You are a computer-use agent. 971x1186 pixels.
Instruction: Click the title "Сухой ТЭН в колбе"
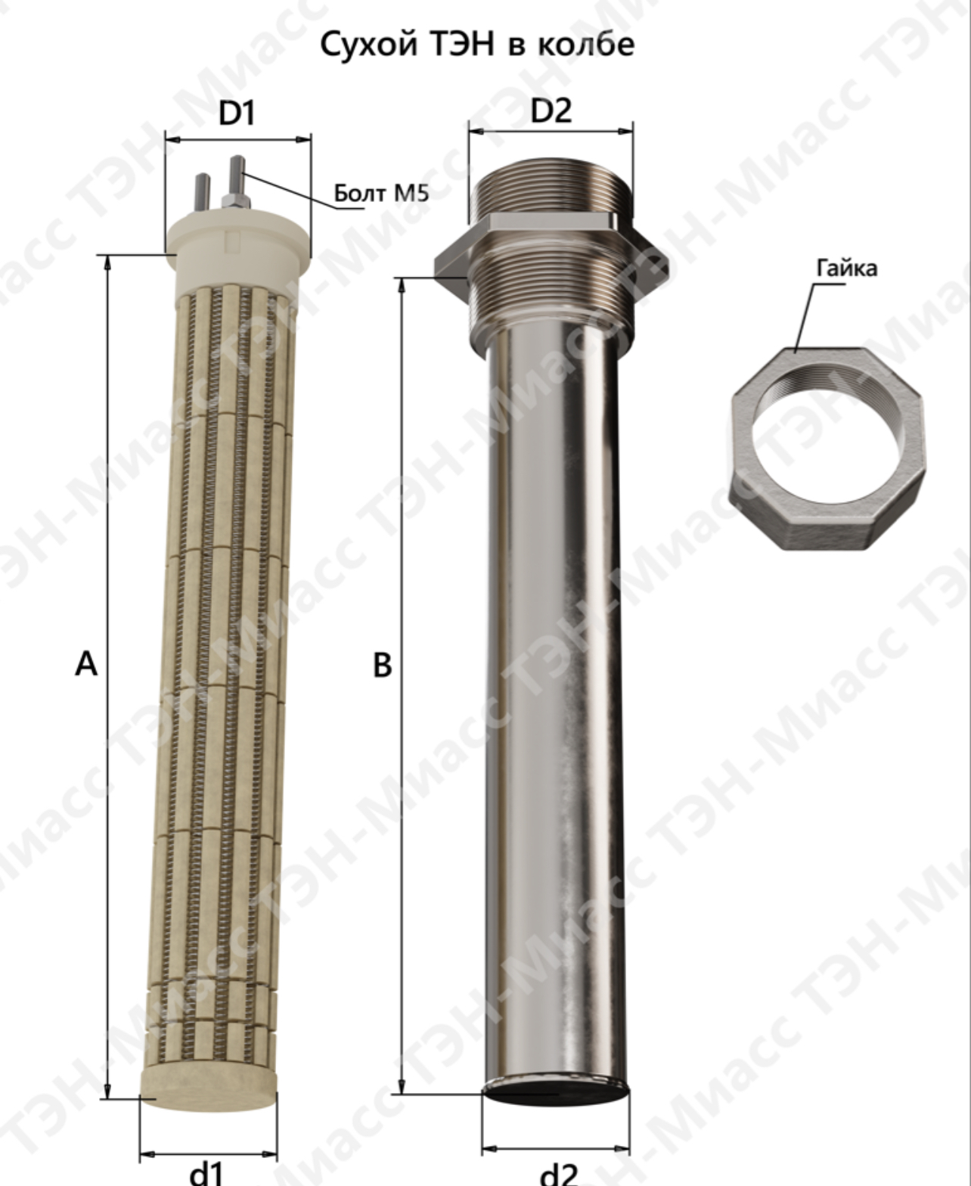(476, 45)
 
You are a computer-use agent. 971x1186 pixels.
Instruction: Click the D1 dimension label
(237, 113)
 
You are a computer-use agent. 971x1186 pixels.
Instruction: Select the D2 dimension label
(551, 110)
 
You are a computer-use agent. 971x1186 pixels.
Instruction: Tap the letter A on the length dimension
(86, 664)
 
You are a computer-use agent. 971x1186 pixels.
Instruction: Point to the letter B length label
(382, 666)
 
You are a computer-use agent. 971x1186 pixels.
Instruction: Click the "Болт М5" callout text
(381, 194)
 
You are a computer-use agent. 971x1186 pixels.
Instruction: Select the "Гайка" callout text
(846, 269)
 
